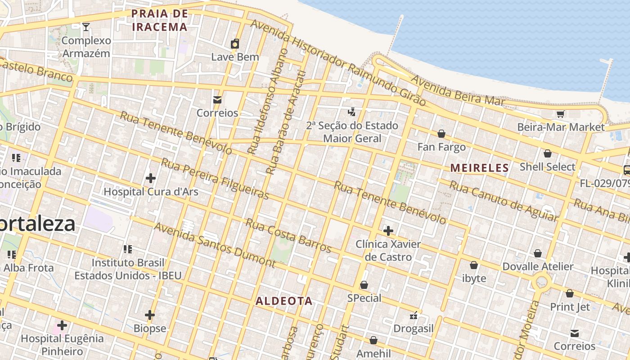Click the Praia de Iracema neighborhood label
(x=159, y=20)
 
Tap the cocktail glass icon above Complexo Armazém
(x=85, y=27)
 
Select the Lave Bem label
(x=235, y=57)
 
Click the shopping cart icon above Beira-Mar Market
(x=560, y=114)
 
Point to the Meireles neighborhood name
(x=480, y=168)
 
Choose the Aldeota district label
(x=284, y=301)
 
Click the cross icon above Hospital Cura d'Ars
(x=151, y=178)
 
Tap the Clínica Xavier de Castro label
(x=388, y=251)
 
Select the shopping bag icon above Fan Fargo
(x=441, y=134)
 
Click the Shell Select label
(x=547, y=167)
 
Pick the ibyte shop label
(x=474, y=278)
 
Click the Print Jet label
(x=570, y=307)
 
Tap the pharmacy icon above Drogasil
(x=414, y=315)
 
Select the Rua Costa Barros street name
(x=288, y=235)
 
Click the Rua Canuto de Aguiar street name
(x=504, y=201)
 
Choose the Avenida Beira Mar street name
(x=458, y=91)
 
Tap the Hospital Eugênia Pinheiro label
(x=62, y=344)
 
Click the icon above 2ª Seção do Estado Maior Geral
(x=352, y=112)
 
